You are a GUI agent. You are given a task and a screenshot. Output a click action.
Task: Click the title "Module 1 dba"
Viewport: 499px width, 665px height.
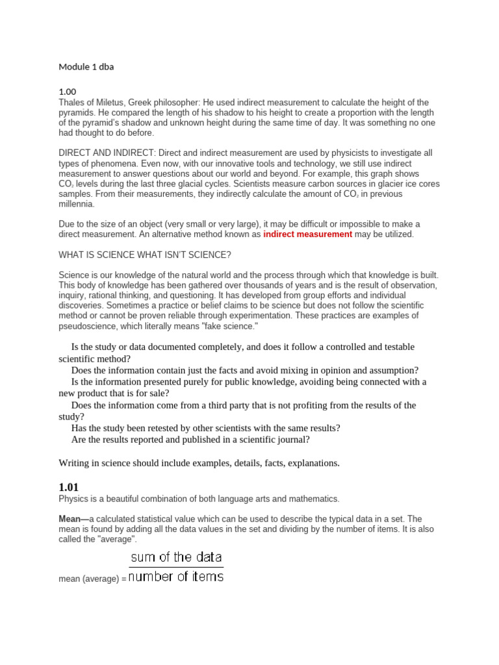coord(86,67)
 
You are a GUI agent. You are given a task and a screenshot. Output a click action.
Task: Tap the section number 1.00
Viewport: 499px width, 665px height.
coord(68,92)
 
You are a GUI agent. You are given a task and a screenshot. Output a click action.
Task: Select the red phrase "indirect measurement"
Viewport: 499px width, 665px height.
coord(307,234)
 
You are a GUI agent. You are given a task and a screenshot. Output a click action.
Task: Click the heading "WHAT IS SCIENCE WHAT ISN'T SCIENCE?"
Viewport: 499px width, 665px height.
coord(145,254)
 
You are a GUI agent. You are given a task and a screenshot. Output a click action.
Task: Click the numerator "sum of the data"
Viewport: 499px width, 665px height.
coord(176,557)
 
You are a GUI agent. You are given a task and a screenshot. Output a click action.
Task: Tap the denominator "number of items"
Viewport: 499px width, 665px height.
coord(176,576)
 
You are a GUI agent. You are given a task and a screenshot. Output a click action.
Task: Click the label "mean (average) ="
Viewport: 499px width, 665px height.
coord(92,579)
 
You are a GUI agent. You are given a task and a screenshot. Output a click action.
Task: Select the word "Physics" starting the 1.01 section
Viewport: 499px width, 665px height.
coord(73,499)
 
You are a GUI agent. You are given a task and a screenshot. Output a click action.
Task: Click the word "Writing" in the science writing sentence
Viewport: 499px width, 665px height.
coord(74,463)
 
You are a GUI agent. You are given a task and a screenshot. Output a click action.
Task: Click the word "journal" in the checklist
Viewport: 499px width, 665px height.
coord(293,440)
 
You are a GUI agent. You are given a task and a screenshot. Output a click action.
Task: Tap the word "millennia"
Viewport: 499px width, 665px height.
coord(76,204)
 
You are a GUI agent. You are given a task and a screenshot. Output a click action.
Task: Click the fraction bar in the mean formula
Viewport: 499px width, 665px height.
coord(176,567)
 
